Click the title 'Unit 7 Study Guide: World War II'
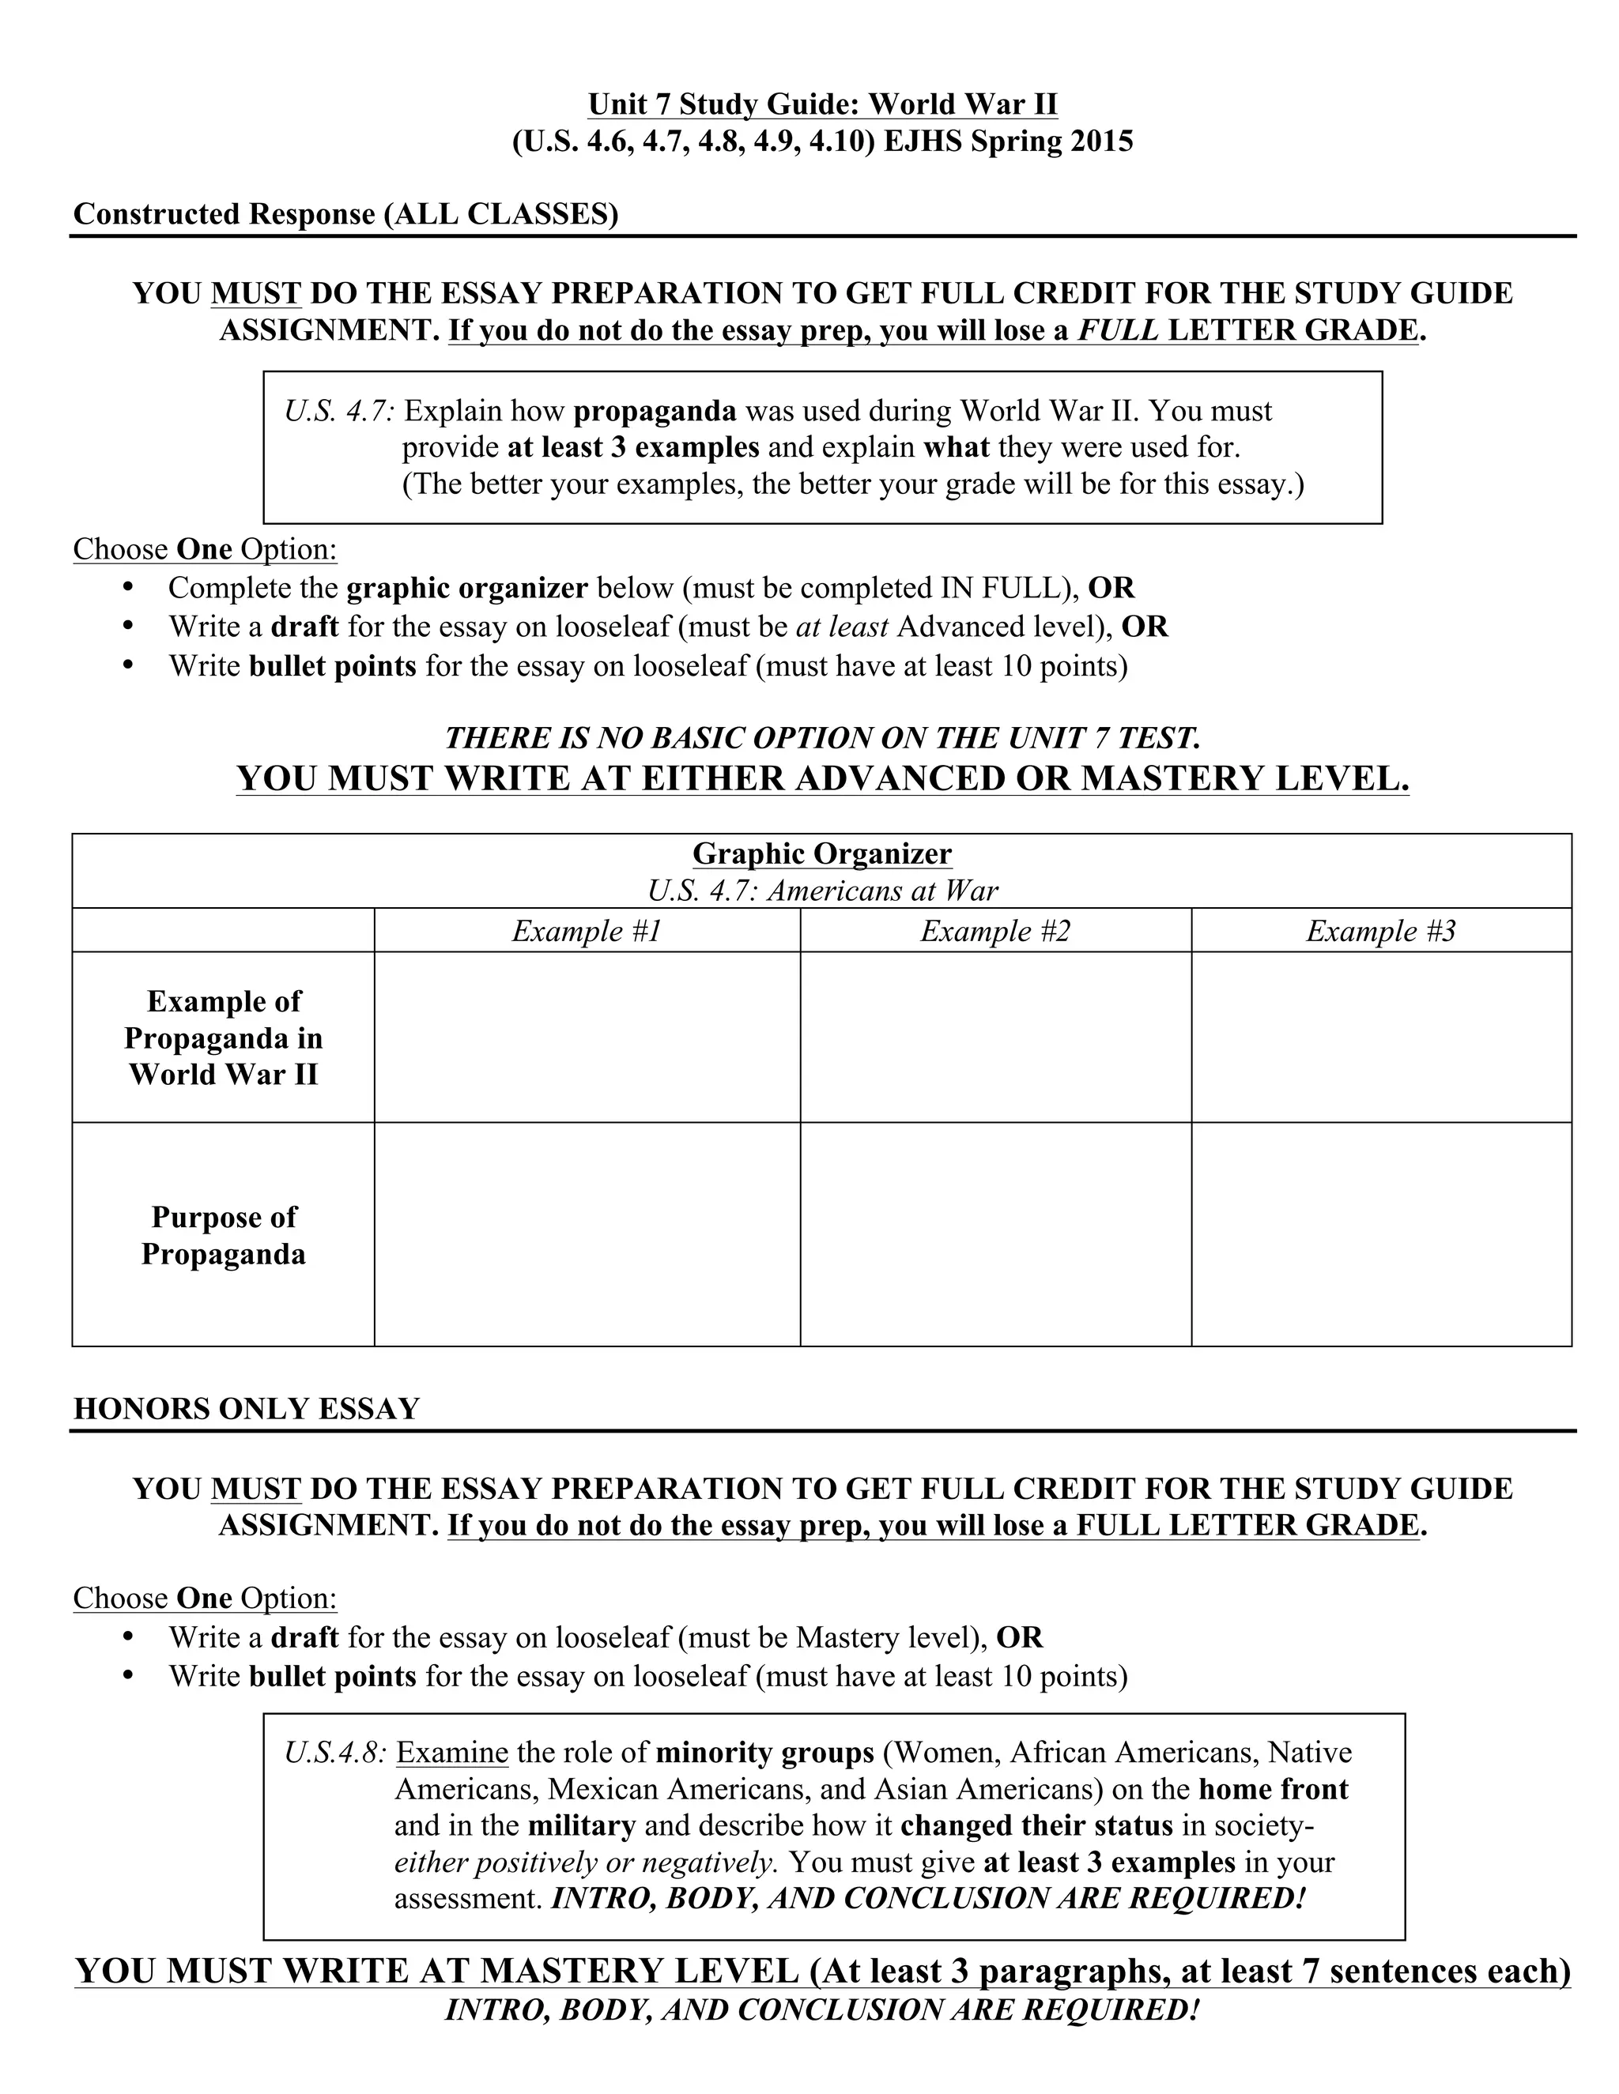pos(822,104)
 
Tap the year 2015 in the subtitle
pos(1101,141)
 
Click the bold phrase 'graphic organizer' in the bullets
pos(466,588)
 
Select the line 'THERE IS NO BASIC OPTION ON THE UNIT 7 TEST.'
pos(822,737)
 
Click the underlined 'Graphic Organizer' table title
pos(822,853)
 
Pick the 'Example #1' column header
pos(587,931)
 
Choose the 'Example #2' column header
pos(994,931)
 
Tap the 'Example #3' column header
pos(1380,931)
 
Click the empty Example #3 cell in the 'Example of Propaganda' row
pos(1380,1037)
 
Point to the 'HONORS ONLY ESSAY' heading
pos(247,1408)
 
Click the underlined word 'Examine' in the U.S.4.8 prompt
pos(451,1753)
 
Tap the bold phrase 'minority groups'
pos(764,1753)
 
